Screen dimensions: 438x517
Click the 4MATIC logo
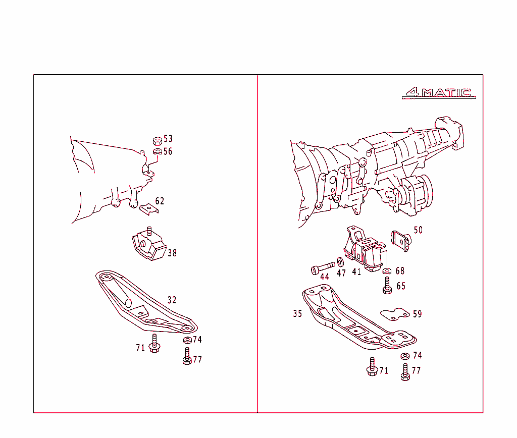439,93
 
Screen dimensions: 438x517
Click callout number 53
168,139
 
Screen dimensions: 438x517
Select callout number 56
168,151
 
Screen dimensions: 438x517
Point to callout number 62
160,201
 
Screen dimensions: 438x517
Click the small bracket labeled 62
148,208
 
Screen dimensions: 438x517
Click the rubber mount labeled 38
148,246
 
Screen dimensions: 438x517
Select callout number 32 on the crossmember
172,300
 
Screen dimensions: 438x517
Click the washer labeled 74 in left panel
187,340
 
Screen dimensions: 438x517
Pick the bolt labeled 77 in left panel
187,357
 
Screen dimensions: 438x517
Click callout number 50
418,230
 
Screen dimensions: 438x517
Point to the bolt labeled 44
323,267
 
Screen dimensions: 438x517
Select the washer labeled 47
340,262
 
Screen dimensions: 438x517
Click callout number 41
356,272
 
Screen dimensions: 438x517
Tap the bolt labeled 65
388,285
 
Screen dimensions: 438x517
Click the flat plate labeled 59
395,314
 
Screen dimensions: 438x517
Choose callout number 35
297,314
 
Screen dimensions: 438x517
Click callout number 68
400,271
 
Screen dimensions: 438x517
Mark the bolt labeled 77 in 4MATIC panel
405,372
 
